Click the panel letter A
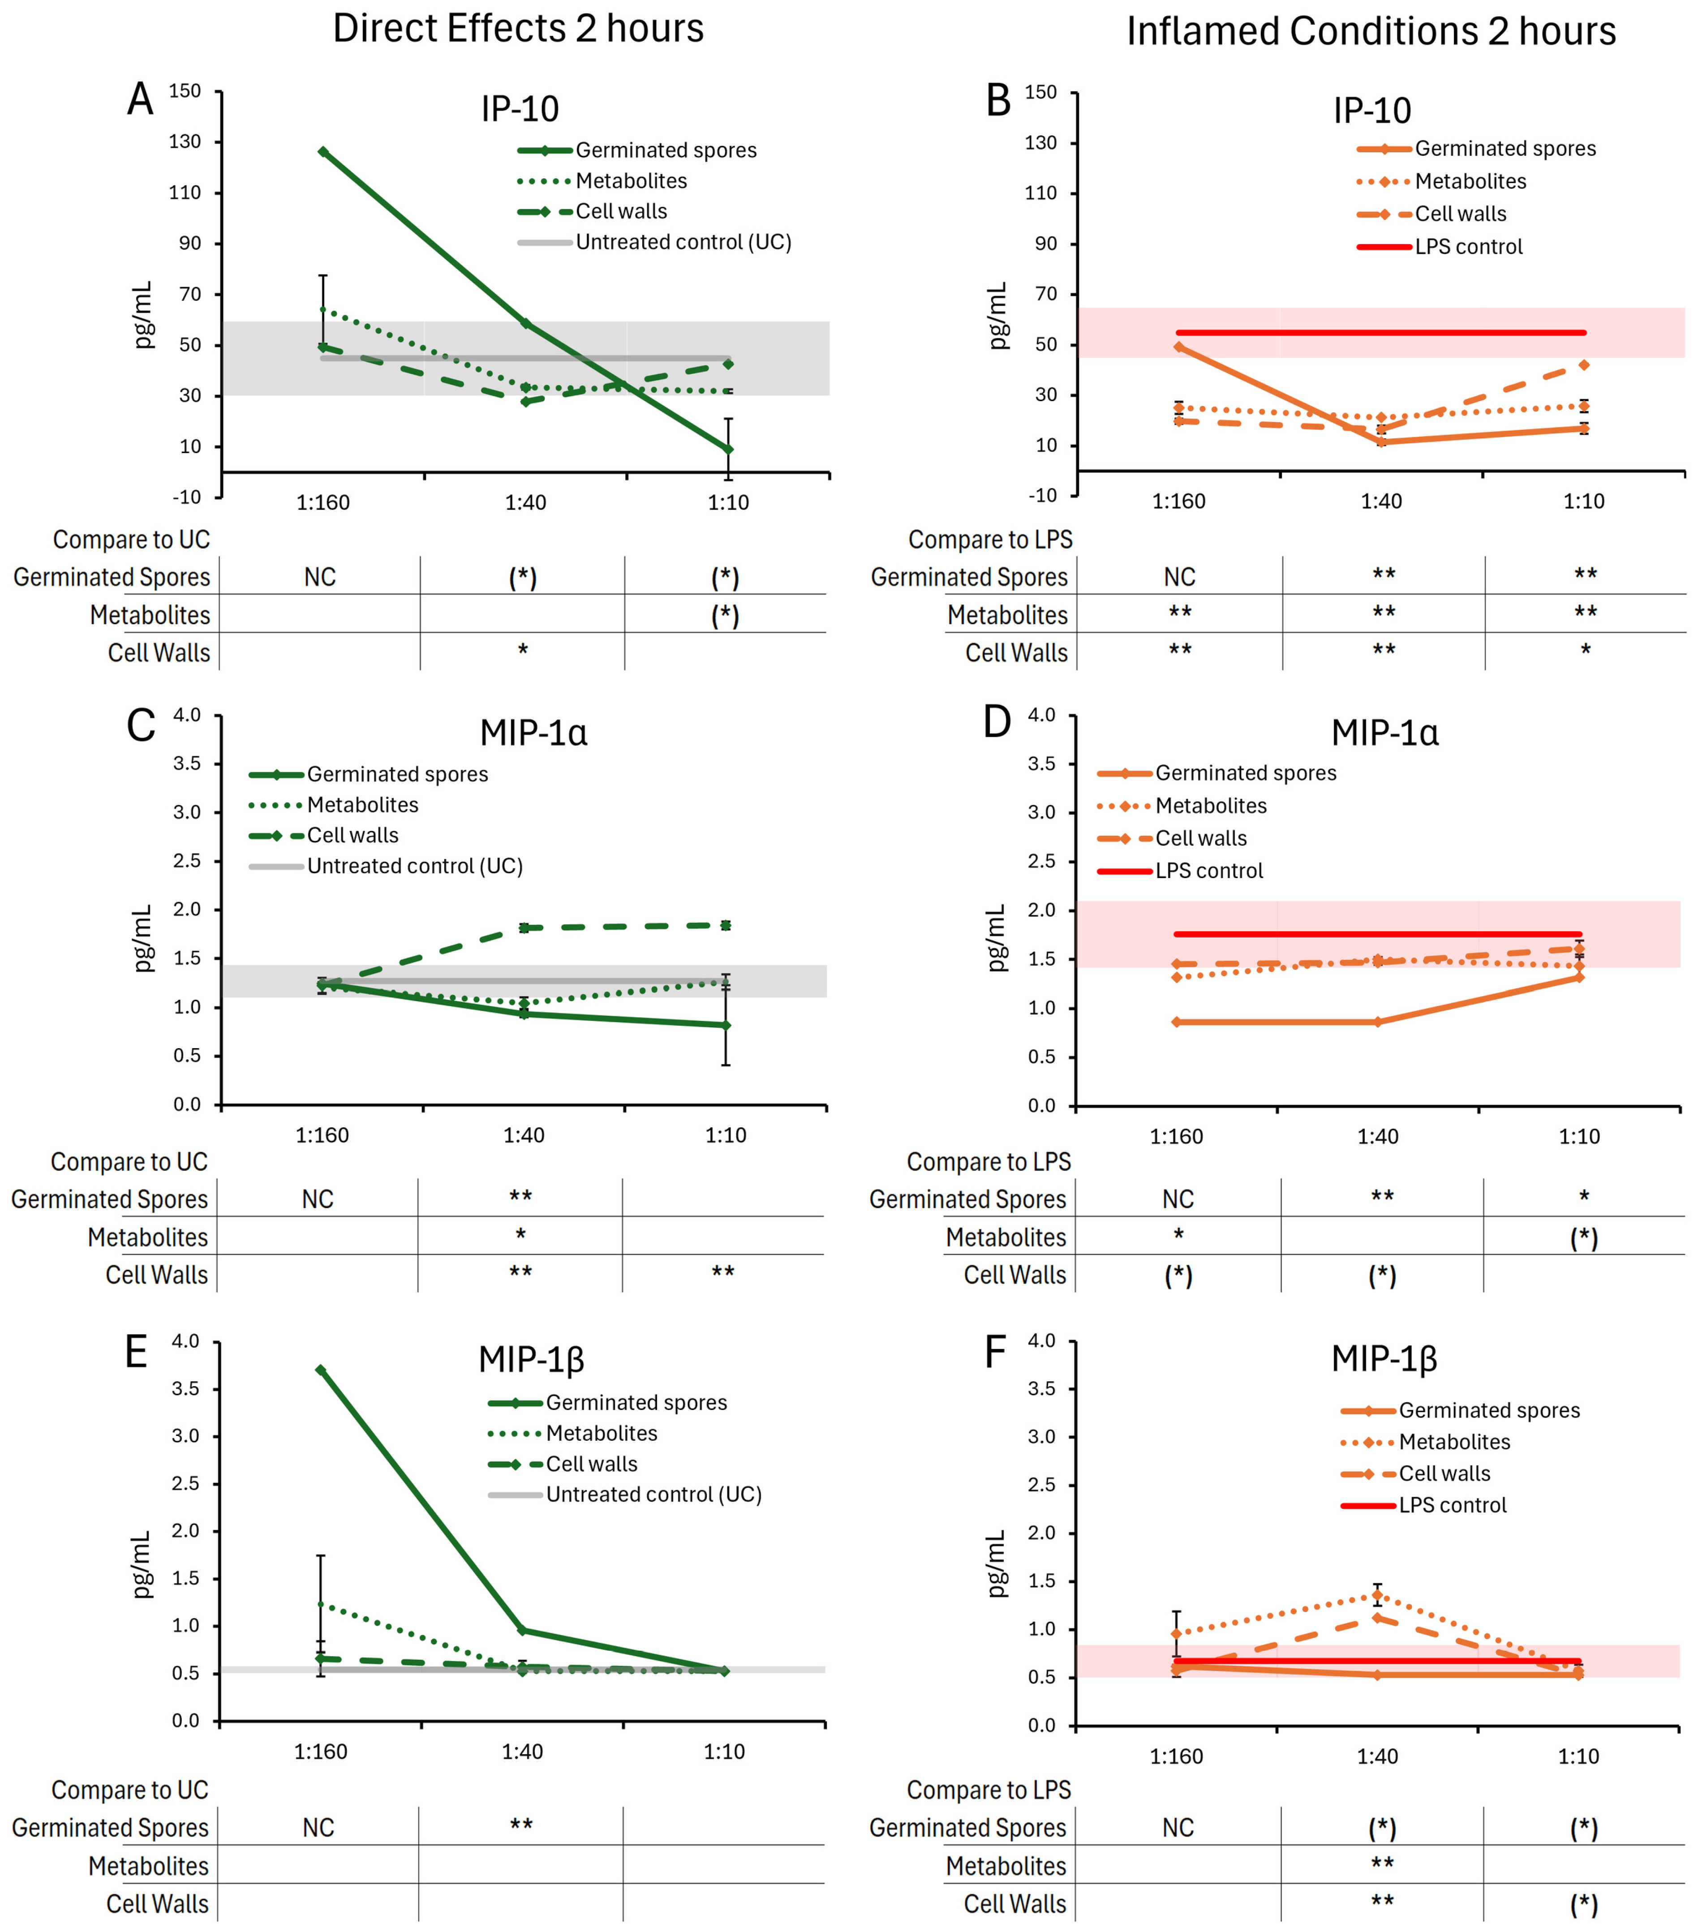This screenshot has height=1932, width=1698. [x=140, y=99]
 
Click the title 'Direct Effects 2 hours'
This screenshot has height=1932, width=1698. [x=518, y=28]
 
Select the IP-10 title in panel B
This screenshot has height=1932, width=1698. [x=1372, y=111]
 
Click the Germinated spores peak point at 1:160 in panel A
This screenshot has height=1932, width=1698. [x=323, y=151]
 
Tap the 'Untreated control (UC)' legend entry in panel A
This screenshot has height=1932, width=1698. [x=683, y=242]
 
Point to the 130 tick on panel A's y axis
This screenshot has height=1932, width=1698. [x=185, y=142]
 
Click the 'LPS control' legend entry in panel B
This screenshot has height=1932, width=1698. [x=1468, y=247]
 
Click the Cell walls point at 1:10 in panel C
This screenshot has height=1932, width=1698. [x=725, y=925]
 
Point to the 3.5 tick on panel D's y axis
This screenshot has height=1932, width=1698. [x=1042, y=764]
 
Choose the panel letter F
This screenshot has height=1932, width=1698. [x=996, y=1352]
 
